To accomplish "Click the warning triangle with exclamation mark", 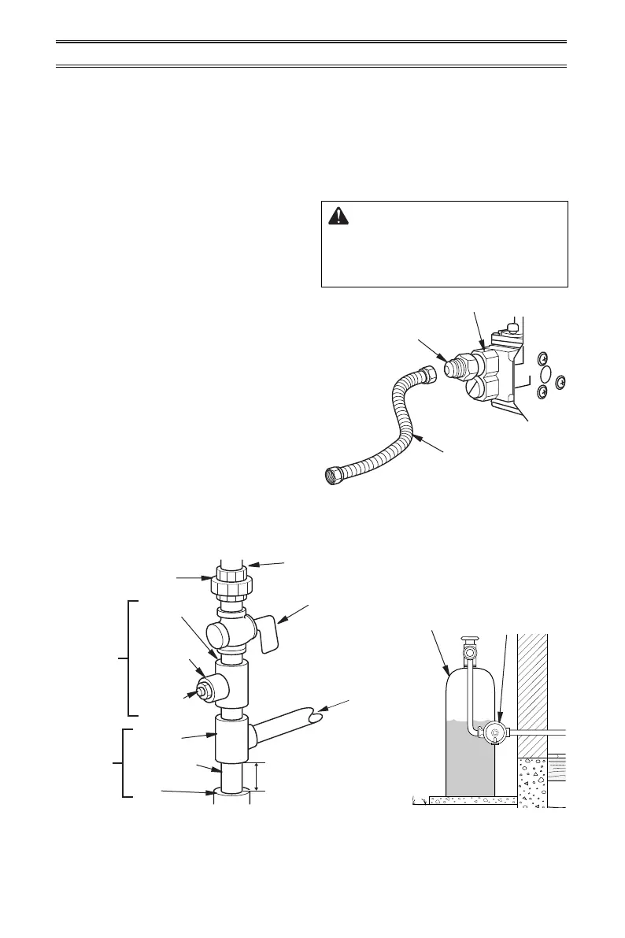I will click(338, 217).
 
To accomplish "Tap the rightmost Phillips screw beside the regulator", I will click(560, 383).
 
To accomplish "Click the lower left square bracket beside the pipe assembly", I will click(126, 763).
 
